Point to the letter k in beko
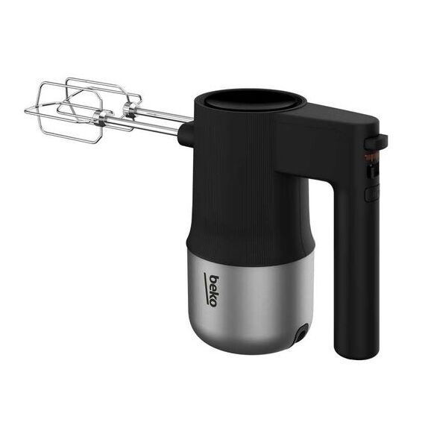pos(213,295)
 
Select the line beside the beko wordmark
pos(206,289)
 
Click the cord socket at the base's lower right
pos(301,333)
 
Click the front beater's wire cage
pos(64,120)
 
